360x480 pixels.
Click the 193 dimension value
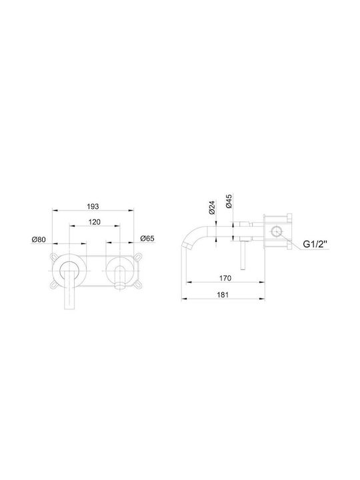coord(93,206)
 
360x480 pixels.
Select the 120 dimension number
coord(94,222)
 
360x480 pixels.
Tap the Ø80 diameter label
coord(39,239)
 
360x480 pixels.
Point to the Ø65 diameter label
coord(147,238)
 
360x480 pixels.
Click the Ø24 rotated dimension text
coord(212,207)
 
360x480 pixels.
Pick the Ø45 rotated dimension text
coord(229,201)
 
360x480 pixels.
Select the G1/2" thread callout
coord(315,244)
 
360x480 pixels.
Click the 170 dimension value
coord(225,278)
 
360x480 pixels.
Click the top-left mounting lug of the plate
coord(54,256)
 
